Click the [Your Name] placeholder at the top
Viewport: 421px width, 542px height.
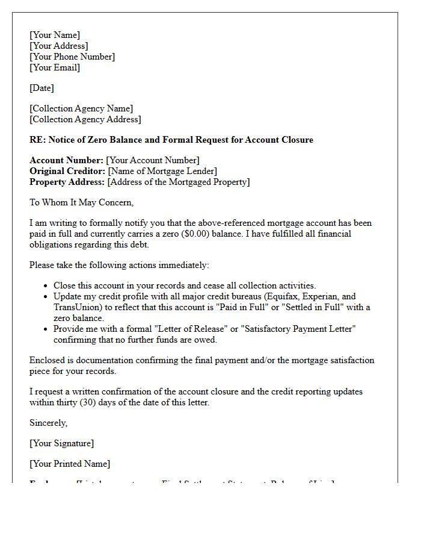point(55,35)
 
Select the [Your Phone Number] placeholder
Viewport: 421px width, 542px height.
point(72,57)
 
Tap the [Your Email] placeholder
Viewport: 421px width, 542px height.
point(55,67)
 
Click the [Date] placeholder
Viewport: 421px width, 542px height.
point(41,88)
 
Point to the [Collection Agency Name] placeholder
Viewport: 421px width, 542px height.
point(81,108)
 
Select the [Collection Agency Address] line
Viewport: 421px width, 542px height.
point(85,119)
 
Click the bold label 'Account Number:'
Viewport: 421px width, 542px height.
point(66,160)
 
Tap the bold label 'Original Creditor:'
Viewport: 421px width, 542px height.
point(67,171)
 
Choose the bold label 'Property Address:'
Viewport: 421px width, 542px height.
point(67,182)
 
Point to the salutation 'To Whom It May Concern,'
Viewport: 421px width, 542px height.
point(82,202)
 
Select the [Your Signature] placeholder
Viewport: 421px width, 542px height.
point(61,443)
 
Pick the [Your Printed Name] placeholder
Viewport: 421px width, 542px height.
point(70,464)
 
